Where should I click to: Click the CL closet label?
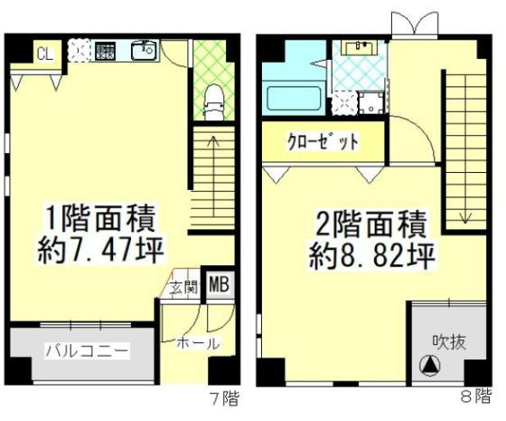click(42, 53)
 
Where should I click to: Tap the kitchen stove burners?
click(105, 52)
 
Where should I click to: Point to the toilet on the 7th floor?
click(213, 100)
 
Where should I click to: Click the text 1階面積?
click(101, 218)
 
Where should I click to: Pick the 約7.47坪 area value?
click(101, 249)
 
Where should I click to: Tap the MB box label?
click(218, 287)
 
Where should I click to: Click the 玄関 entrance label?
click(183, 289)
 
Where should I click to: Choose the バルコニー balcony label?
click(87, 350)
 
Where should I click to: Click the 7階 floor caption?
click(224, 398)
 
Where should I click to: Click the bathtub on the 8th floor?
click(292, 96)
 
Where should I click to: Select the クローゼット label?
click(323, 142)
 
